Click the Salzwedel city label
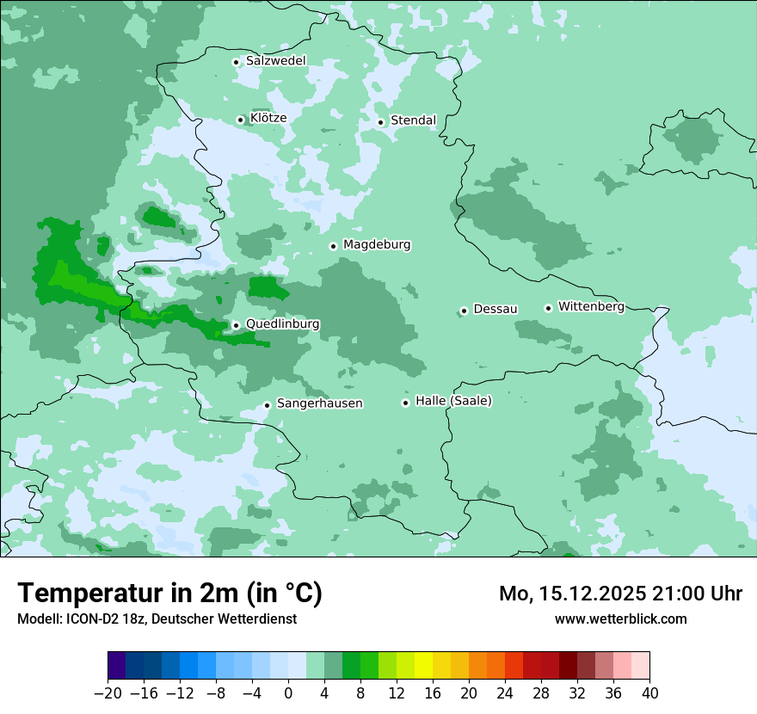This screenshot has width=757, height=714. click(x=275, y=61)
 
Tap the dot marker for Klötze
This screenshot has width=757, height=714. click(x=240, y=120)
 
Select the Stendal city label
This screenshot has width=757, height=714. click(x=413, y=120)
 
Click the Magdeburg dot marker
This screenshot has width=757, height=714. click(x=333, y=246)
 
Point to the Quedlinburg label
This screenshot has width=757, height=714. click(x=282, y=324)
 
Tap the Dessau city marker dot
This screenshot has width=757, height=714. click(x=464, y=311)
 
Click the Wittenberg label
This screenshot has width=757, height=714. click(x=591, y=306)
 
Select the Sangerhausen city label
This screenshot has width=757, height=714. click(x=319, y=403)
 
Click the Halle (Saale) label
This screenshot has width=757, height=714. click(x=453, y=401)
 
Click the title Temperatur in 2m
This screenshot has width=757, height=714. click(x=169, y=594)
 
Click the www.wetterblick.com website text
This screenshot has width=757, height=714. click(x=620, y=619)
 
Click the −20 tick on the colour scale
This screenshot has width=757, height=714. click(x=108, y=693)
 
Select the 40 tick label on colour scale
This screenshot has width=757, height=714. click(x=649, y=693)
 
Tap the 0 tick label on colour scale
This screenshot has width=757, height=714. click(x=288, y=693)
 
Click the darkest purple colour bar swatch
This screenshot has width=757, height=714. click(x=117, y=666)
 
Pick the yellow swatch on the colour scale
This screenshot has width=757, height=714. click(x=423, y=666)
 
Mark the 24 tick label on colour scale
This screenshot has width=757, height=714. click(x=505, y=693)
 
